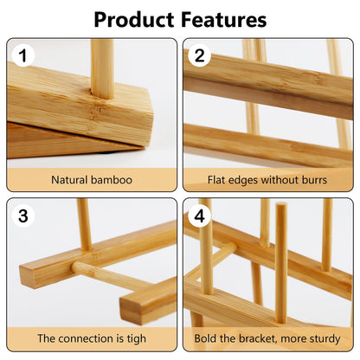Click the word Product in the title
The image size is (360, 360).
tap(137, 18)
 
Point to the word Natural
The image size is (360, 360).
tap(70, 181)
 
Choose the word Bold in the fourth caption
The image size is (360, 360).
tap(208, 338)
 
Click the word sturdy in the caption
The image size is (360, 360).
tap(324, 338)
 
